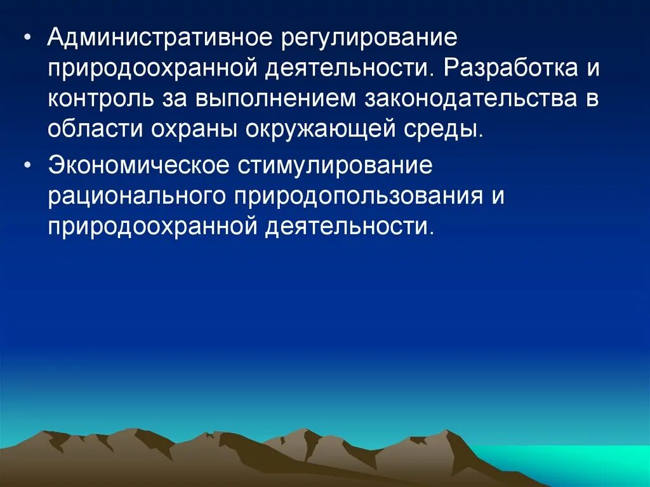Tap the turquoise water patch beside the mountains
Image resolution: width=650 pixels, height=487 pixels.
(x=571, y=464)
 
